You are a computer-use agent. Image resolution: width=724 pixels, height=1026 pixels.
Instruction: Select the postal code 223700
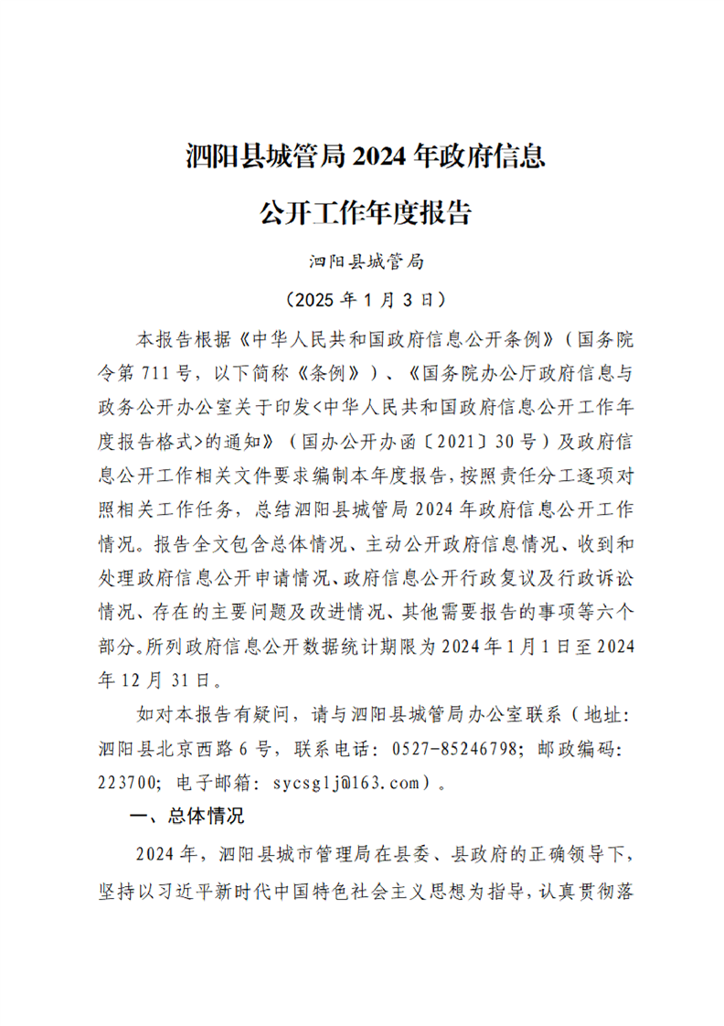pos(125,783)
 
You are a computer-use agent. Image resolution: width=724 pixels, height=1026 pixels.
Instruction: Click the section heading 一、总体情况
pos(187,817)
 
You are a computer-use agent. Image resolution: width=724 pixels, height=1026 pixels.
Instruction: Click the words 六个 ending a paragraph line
pos(614,612)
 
